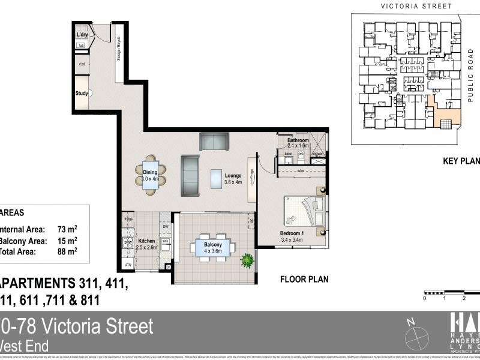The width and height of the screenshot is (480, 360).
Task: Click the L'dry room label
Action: tap(82, 35)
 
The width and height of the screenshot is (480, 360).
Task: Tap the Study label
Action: tap(82, 93)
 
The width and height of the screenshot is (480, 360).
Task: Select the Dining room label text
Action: tap(150, 172)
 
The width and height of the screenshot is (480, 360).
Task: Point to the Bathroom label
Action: tap(298, 140)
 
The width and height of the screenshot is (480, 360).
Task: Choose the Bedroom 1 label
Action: tap(292, 233)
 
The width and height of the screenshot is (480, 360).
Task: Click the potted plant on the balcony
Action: tap(247, 260)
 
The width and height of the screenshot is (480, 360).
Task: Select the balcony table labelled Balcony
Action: tap(213, 247)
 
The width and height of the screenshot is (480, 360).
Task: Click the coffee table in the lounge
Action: tap(217, 178)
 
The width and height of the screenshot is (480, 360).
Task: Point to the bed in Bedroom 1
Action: tap(306, 210)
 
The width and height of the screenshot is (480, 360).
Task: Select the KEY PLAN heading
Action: tap(461, 160)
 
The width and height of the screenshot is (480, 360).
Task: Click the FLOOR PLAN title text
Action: tap(304, 279)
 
